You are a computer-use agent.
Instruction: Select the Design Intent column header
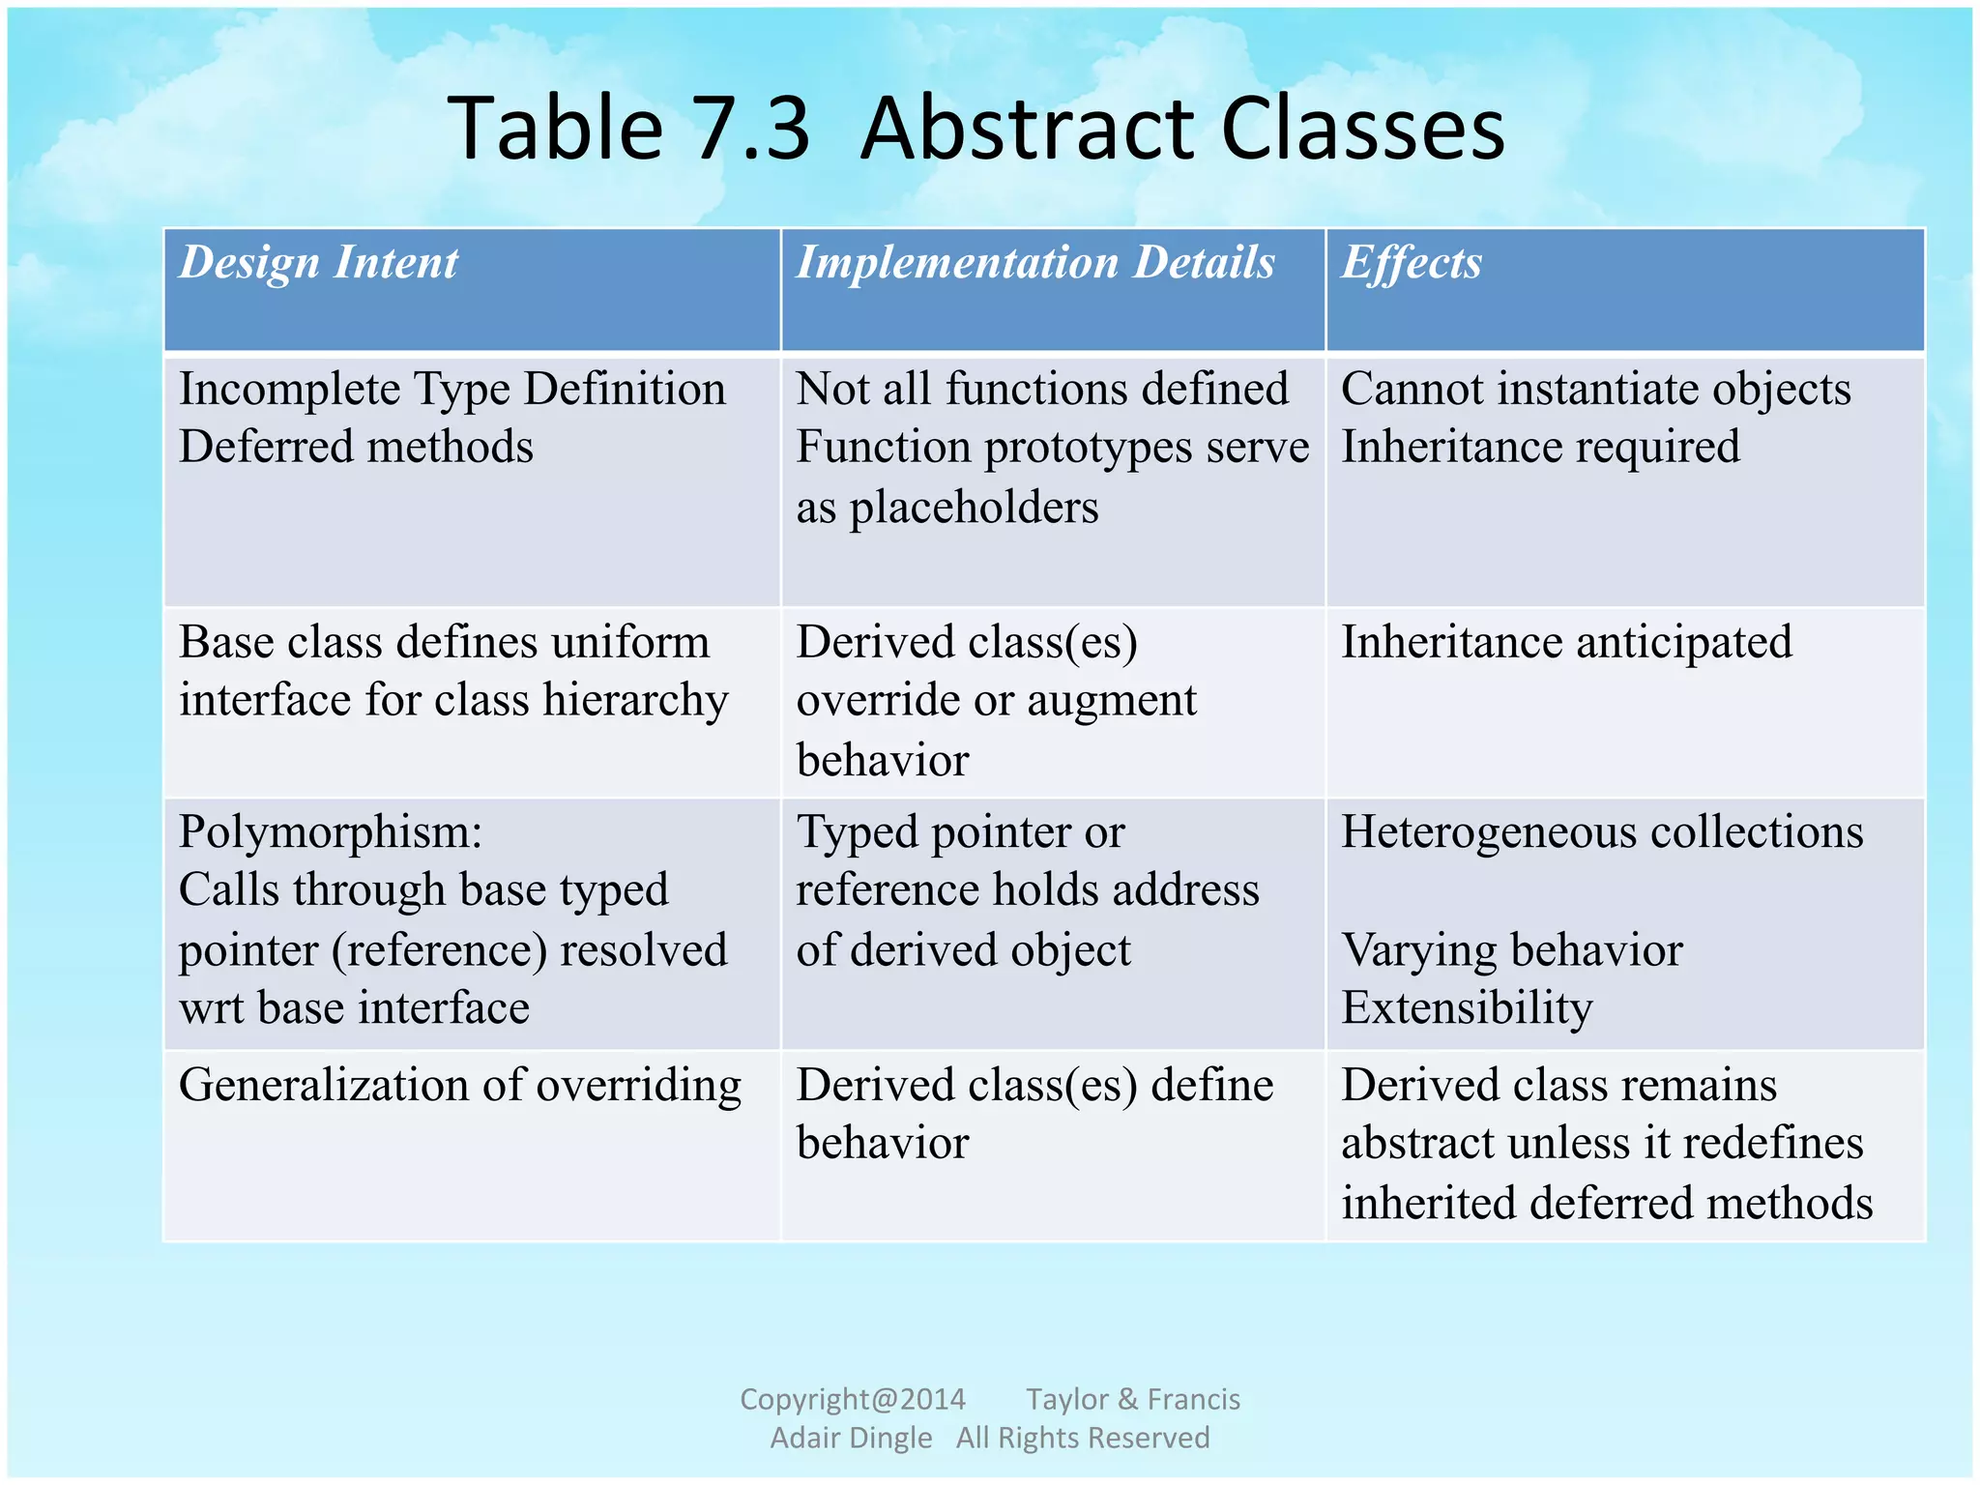(x=318, y=263)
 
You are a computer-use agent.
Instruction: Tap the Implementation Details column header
(x=1035, y=263)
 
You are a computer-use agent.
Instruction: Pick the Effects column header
(x=1411, y=263)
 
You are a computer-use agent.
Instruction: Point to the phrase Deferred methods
(x=356, y=448)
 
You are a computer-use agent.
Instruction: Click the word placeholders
(x=974, y=508)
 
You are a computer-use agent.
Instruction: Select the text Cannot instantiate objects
(x=1595, y=390)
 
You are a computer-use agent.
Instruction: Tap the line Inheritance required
(x=1540, y=448)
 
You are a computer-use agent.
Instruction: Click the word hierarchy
(x=635, y=701)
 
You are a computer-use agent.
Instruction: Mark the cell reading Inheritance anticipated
(x=1566, y=643)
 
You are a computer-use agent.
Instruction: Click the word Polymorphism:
(x=331, y=833)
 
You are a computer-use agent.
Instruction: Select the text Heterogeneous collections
(x=1602, y=832)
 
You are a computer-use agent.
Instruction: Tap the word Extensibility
(x=1467, y=1008)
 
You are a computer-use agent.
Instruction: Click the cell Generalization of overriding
(x=460, y=1086)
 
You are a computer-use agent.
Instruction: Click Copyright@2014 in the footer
(x=853, y=1399)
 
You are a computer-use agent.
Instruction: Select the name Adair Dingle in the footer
(x=851, y=1438)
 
